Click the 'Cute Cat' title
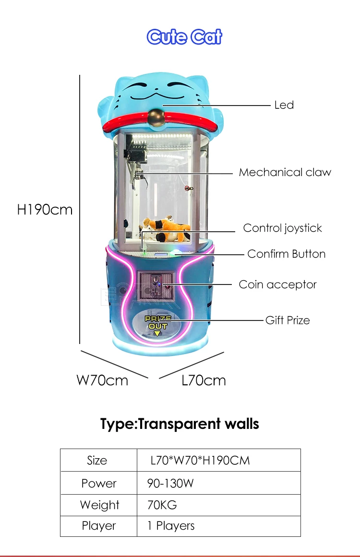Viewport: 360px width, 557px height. click(x=184, y=36)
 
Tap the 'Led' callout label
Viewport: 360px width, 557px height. click(x=284, y=105)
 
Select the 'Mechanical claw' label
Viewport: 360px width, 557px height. click(x=285, y=172)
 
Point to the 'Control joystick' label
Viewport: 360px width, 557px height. click(x=283, y=228)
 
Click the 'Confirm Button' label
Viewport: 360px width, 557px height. click(x=287, y=254)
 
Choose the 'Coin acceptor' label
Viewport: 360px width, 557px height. click(x=277, y=284)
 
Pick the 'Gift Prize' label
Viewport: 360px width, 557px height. click(x=288, y=320)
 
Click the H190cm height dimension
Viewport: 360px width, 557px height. click(x=45, y=210)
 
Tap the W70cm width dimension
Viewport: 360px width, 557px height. click(x=102, y=380)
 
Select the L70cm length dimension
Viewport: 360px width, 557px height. click(x=204, y=380)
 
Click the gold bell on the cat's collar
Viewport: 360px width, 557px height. click(x=157, y=118)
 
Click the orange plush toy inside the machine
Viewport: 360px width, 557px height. click(x=167, y=229)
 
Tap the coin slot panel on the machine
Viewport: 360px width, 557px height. click(x=156, y=285)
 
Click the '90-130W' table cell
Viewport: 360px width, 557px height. click(x=170, y=483)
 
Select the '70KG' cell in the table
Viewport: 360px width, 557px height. click(x=162, y=505)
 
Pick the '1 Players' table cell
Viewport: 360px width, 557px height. click(x=171, y=526)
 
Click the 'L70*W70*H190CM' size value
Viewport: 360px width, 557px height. click(x=200, y=461)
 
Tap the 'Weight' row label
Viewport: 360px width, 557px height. click(x=99, y=505)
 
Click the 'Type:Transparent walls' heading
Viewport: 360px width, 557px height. click(x=180, y=424)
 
